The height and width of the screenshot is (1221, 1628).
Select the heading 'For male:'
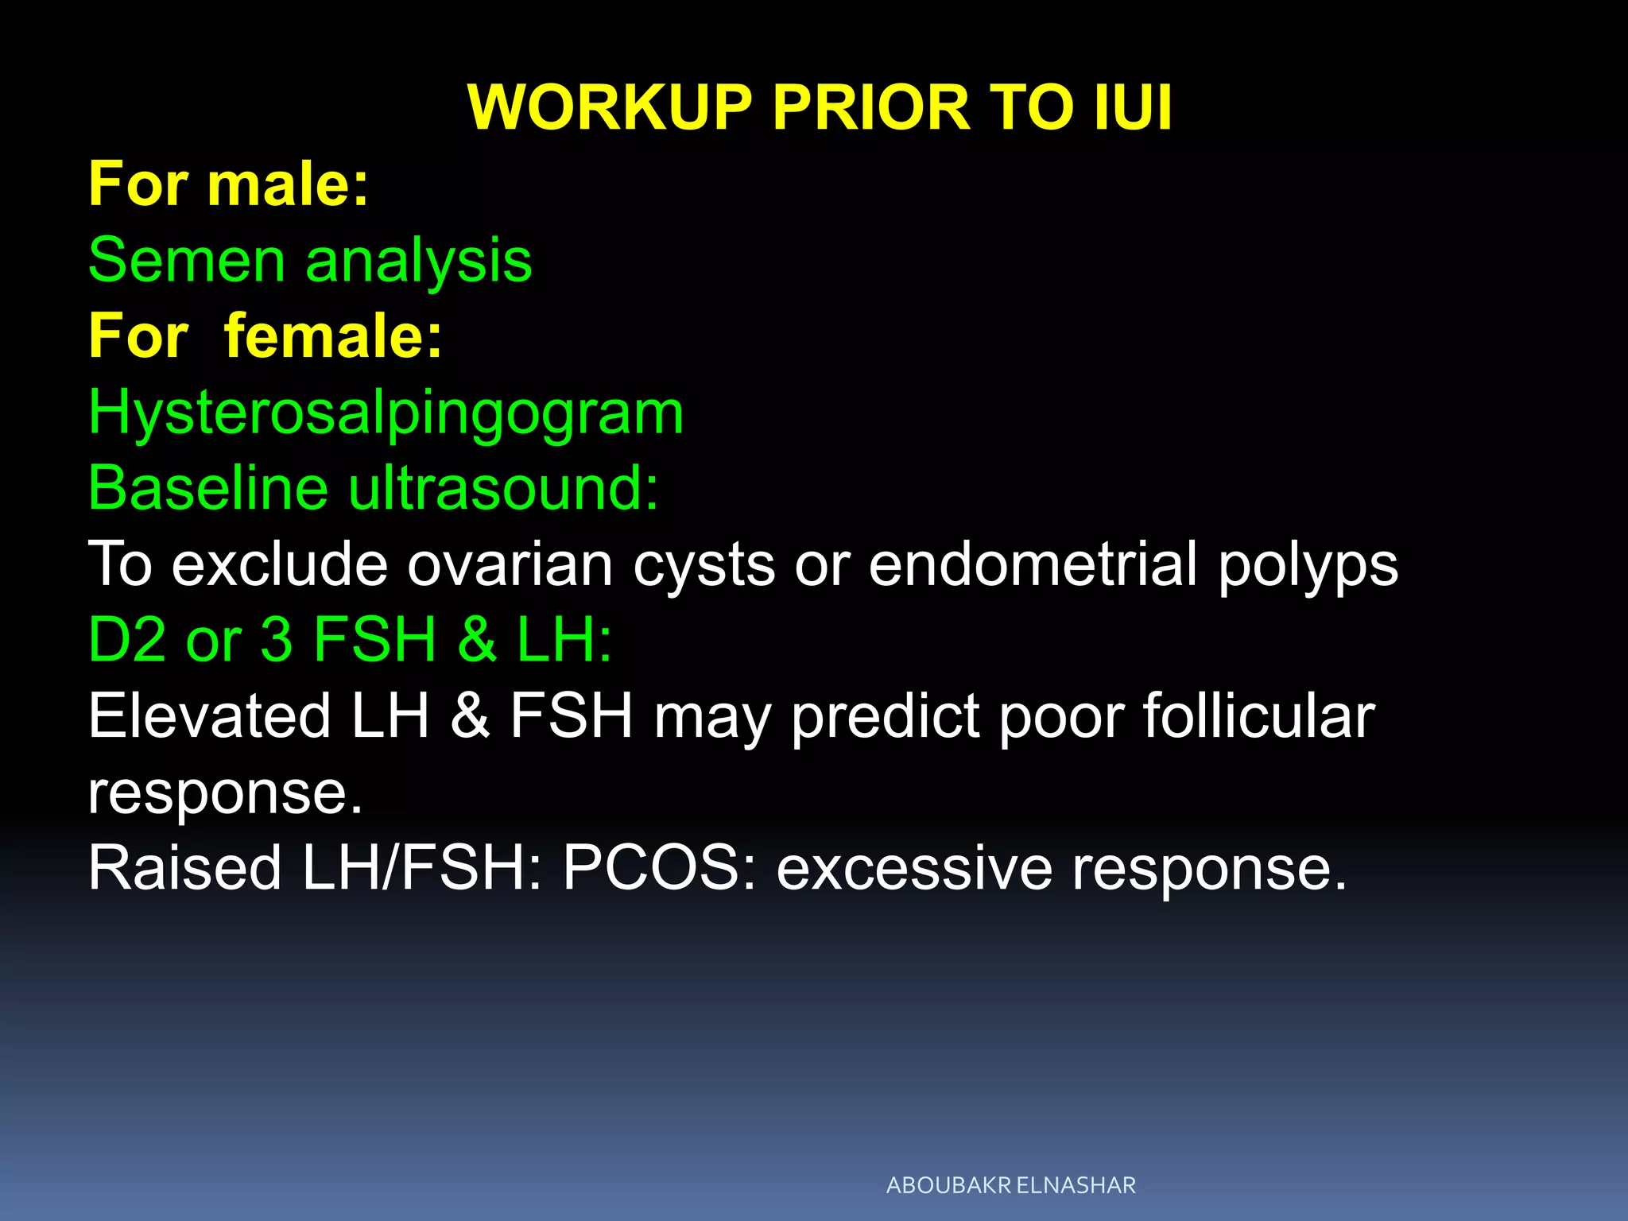point(228,184)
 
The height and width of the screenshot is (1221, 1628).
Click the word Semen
point(186,260)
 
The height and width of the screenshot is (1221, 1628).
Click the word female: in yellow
point(333,336)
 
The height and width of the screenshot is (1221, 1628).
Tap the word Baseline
point(207,487)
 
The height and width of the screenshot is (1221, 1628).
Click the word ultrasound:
point(504,487)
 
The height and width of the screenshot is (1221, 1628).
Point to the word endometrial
point(1033,564)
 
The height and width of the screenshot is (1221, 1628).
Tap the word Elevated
point(209,715)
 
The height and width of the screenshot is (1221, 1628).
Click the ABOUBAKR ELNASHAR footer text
point(1010,1185)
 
